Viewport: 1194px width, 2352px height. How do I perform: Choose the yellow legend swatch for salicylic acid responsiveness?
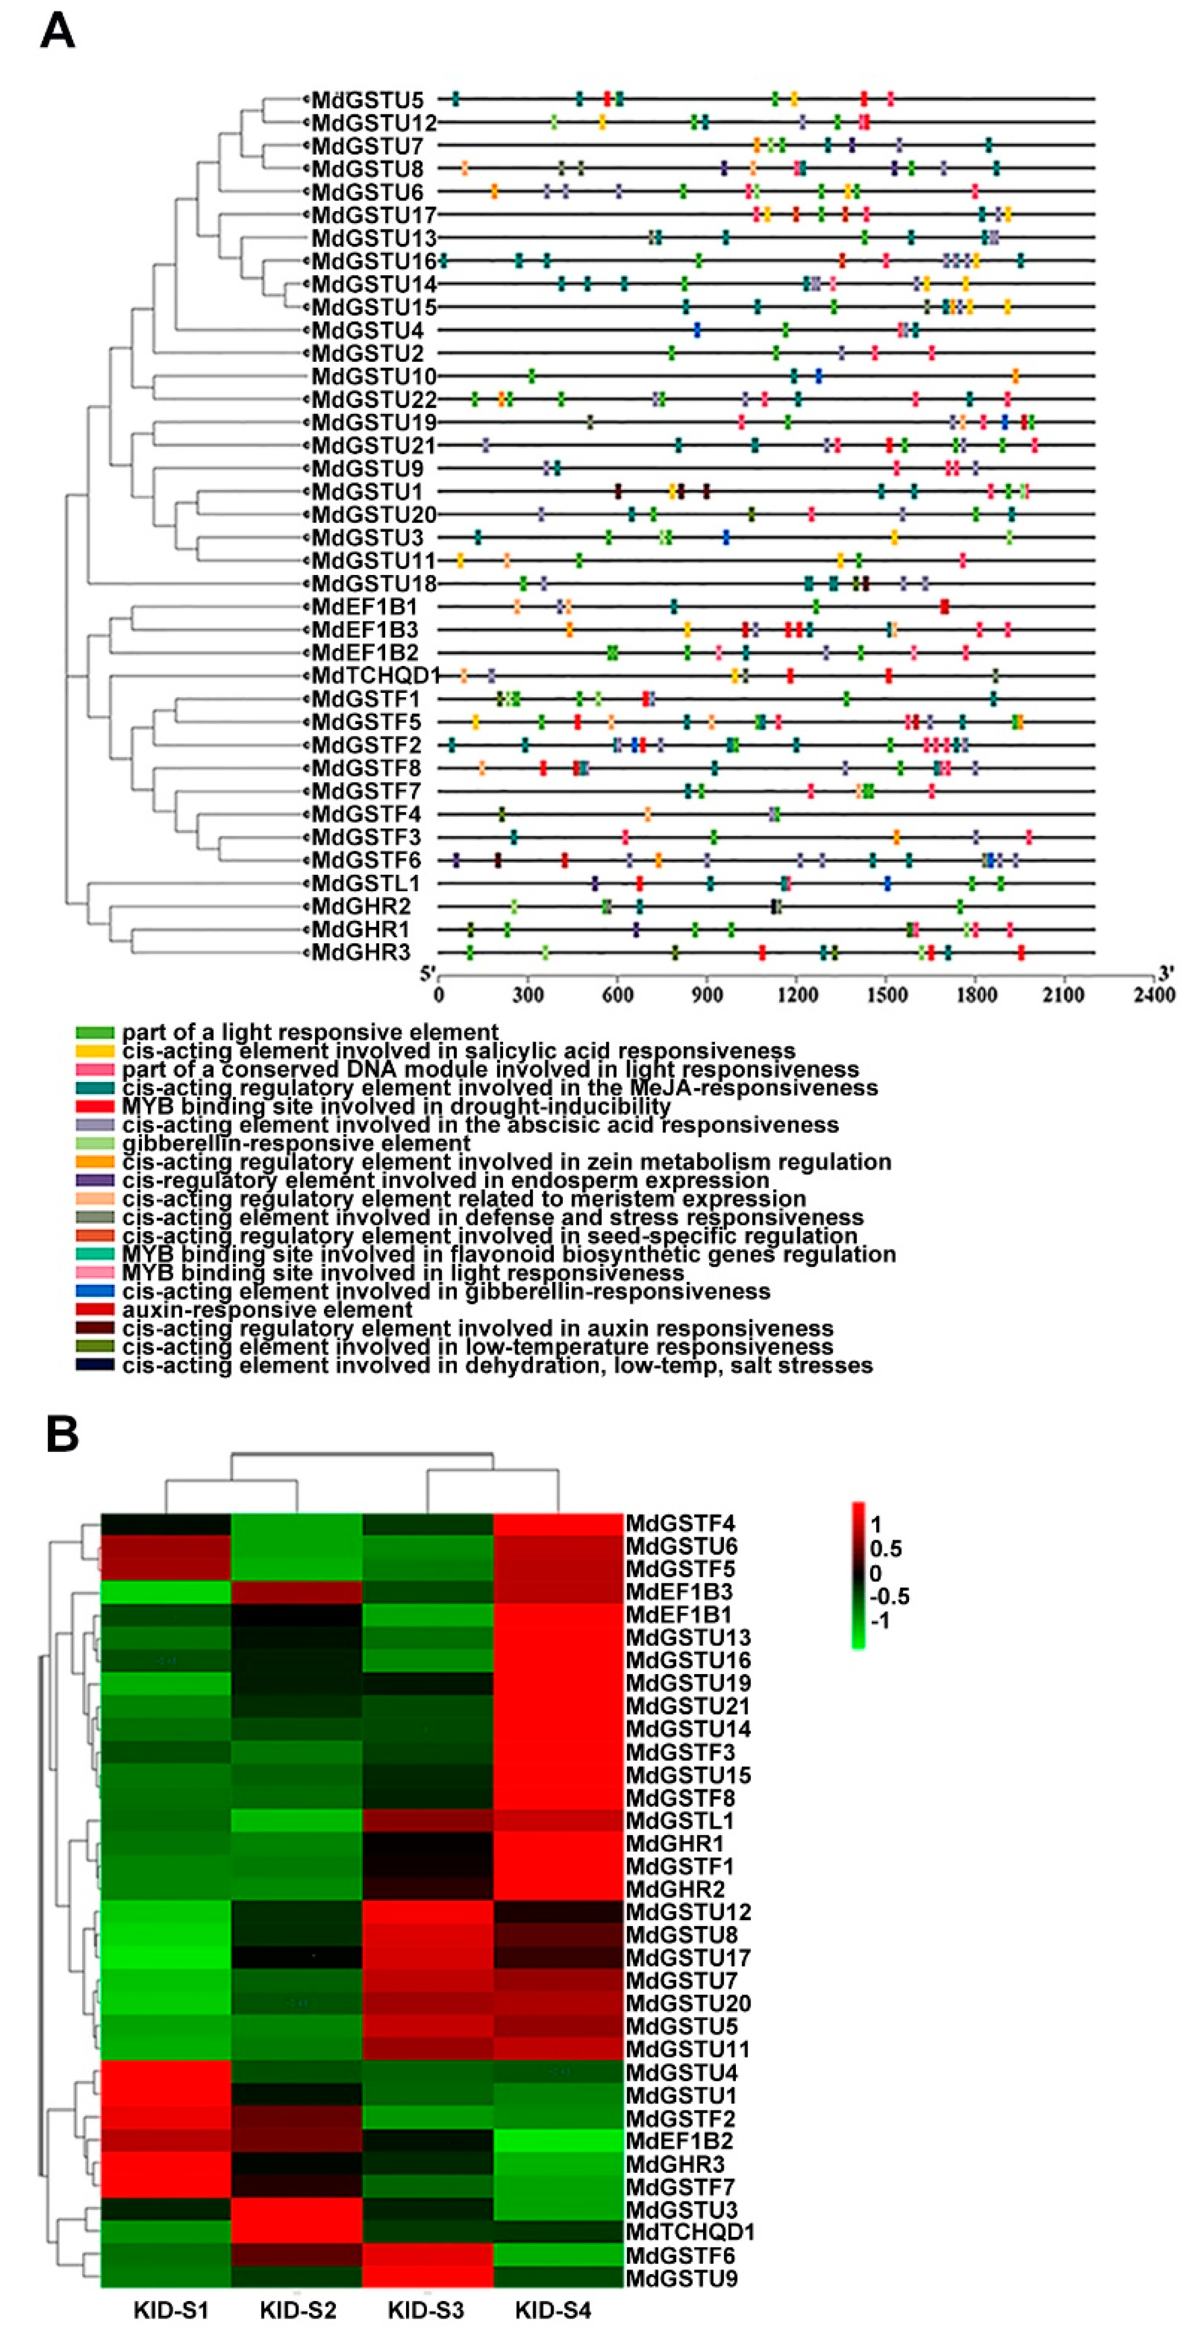point(95,1051)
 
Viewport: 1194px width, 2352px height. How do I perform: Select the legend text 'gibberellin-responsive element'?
point(296,1143)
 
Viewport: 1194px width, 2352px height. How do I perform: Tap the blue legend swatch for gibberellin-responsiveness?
point(95,1291)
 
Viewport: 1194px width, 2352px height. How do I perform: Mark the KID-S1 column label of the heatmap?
point(171,2310)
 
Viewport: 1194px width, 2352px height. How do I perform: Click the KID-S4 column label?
point(553,2310)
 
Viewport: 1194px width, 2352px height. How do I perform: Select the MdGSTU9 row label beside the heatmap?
point(680,2278)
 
